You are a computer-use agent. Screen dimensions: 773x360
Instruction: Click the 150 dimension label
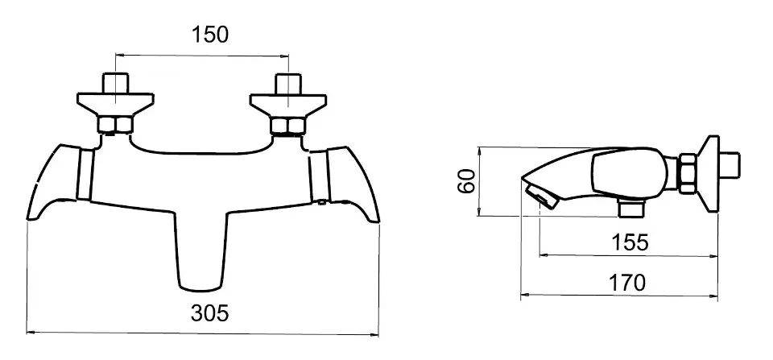point(210,35)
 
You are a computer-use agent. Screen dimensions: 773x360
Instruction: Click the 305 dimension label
point(210,312)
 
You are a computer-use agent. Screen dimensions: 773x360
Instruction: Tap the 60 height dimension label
point(466,180)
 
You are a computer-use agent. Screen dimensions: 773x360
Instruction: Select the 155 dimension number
point(630,242)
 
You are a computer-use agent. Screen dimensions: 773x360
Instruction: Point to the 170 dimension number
point(626,283)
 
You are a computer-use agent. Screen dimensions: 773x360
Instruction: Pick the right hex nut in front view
point(289,126)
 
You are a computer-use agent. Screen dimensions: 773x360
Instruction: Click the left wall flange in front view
point(115,105)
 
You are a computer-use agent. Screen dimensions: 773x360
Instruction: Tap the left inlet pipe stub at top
point(115,83)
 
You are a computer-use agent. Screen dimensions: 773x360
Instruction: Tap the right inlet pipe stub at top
point(288,84)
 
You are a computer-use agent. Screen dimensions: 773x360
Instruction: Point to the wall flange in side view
point(708,174)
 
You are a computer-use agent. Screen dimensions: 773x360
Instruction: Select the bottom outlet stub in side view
point(631,209)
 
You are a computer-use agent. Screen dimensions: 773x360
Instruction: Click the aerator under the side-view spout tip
point(541,196)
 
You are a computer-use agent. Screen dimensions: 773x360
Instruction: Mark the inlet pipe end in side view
point(730,165)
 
